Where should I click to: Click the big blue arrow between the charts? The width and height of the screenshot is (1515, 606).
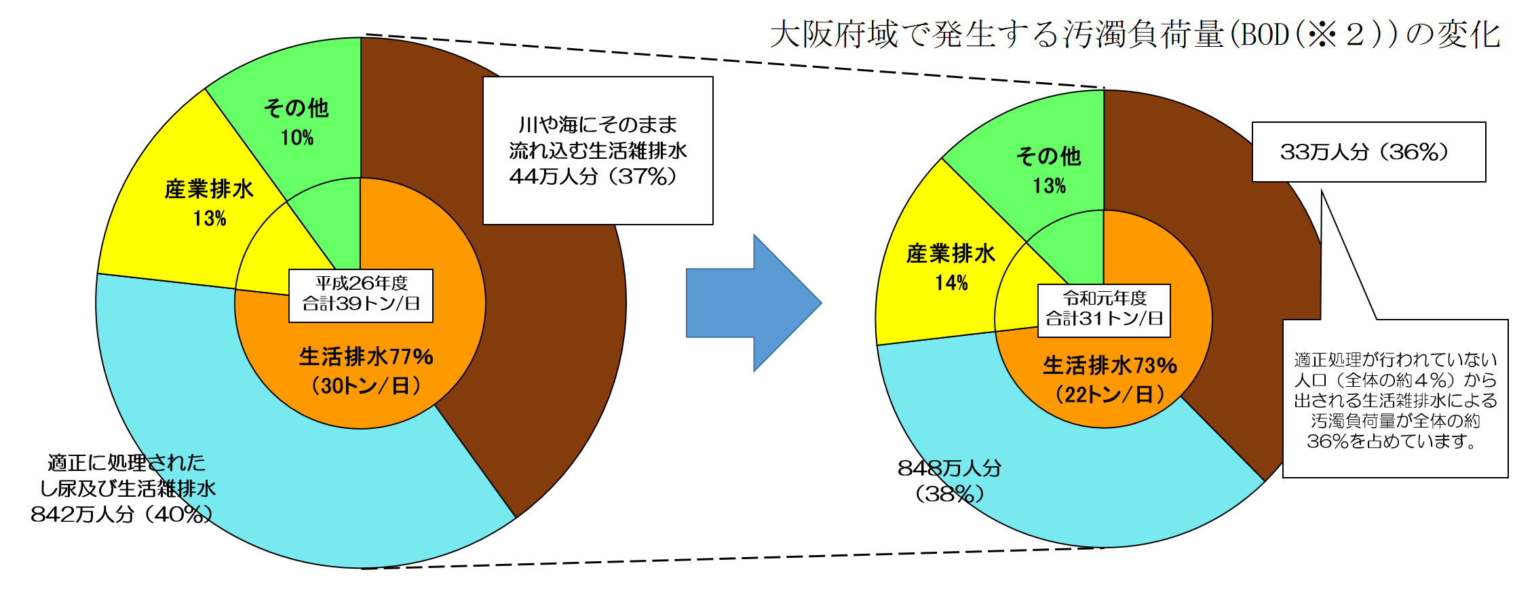[x=753, y=303]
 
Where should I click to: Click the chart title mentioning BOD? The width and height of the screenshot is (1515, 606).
[x=1134, y=34]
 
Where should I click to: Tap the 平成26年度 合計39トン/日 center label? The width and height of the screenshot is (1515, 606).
[x=361, y=295]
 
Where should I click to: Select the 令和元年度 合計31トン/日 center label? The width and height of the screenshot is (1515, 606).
[x=1104, y=310]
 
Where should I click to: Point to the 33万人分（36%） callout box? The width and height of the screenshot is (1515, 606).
[x=1368, y=152]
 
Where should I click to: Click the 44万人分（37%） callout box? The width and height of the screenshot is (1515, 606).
[x=598, y=151]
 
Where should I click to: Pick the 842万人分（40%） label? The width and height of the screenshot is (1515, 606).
[x=122, y=489]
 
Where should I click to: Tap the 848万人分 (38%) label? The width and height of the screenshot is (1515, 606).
[x=949, y=480]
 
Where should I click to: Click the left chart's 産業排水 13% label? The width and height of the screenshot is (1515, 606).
[x=209, y=203]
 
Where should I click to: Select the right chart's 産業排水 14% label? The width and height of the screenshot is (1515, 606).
[x=951, y=267]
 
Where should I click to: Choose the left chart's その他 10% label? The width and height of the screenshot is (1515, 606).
[x=296, y=122]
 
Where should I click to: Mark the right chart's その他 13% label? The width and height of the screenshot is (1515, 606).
[x=1049, y=170]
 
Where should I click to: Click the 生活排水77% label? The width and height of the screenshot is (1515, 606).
[x=366, y=356]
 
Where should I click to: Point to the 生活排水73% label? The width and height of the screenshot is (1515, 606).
[x=1110, y=365]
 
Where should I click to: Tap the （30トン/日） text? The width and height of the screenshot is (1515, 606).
[x=366, y=386]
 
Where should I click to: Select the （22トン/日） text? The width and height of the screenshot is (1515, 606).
[x=1110, y=394]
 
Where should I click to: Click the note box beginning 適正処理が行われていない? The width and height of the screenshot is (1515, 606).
[x=1395, y=399]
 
